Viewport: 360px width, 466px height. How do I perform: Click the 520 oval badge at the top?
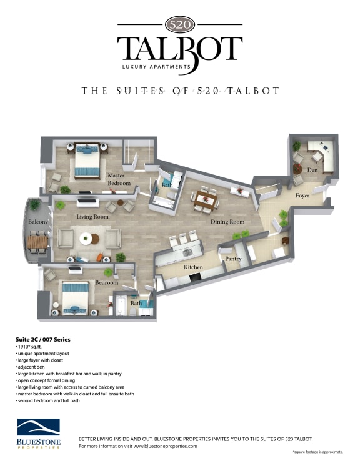(x=180, y=24)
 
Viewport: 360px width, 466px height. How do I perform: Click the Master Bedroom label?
(x=119, y=179)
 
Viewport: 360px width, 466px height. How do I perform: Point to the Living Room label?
(x=92, y=217)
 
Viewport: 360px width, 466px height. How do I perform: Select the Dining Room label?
(x=227, y=222)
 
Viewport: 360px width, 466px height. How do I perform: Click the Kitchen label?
(x=193, y=267)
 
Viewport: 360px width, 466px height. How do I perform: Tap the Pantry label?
(x=233, y=258)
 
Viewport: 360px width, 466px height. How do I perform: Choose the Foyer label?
(x=304, y=196)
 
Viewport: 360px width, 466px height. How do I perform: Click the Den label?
(x=313, y=169)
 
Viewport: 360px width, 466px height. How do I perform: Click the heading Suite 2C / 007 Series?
(x=43, y=339)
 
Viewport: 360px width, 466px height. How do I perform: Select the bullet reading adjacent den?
(x=31, y=367)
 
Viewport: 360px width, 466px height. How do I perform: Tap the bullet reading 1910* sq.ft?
(x=31, y=346)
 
